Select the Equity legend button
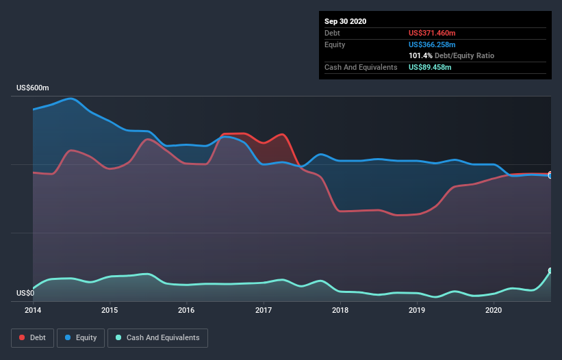click(81, 337)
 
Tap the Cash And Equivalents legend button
click(157, 337)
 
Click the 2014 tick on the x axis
click(33, 310)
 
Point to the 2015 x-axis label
click(110, 310)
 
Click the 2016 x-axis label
click(186, 310)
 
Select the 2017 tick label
click(264, 310)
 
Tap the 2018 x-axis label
click(340, 310)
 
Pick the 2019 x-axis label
click(417, 310)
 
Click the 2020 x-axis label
click(494, 310)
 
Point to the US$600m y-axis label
click(33, 88)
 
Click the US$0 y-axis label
click(25, 294)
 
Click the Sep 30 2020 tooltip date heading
click(346, 21)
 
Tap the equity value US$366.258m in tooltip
click(431, 44)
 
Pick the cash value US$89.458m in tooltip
click(430, 67)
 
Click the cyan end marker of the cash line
click(550, 271)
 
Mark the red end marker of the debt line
click(550, 174)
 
